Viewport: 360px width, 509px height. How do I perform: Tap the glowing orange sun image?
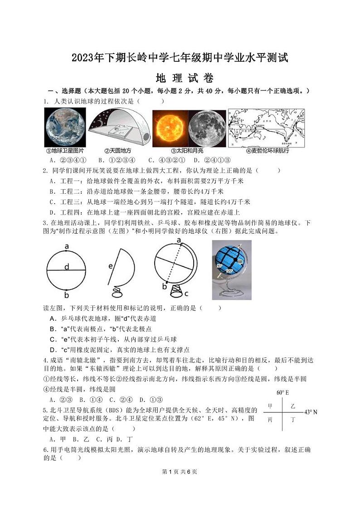pos(169,127)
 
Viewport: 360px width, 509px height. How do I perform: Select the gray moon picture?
pos(206,128)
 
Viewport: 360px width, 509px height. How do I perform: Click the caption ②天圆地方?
pos(117,151)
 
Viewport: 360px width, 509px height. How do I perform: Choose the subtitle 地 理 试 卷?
pos(180,78)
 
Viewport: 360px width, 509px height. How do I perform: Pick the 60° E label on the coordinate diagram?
pos(282,392)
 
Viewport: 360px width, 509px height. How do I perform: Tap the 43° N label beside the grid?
pos(311,412)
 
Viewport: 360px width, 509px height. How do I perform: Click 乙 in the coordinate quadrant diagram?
pos(293,406)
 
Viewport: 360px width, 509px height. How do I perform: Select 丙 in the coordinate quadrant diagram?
pos(271,420)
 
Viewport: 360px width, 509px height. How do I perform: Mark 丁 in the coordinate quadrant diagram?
pos(293,420)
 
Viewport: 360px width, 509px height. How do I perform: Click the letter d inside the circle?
pos(66,268)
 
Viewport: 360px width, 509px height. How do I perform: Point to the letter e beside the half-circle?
pos(110,266)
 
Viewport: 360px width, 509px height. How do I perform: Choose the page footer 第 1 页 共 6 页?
pos(180,471)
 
